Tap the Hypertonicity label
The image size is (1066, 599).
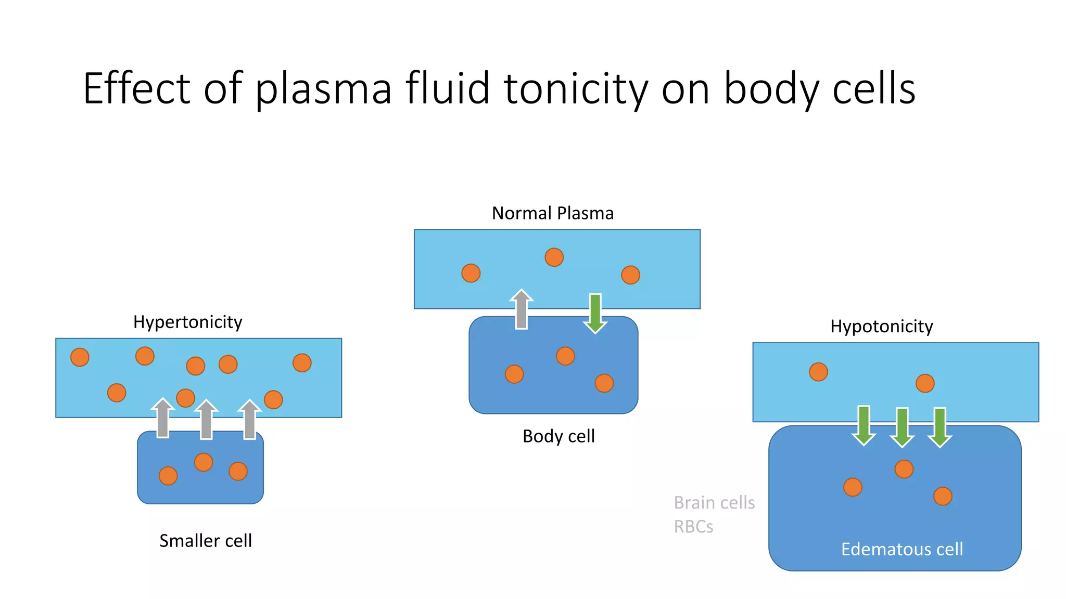187,322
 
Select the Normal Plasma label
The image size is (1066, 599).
552,213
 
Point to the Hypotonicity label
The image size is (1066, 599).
881,327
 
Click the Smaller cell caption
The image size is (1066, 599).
205,541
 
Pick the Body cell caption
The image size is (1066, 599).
558,436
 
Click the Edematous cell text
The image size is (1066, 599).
902,549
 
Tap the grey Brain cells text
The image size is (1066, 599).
714,503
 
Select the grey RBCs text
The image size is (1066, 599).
693,527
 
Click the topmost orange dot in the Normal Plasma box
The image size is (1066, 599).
554,257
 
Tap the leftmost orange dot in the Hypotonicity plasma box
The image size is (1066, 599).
818,372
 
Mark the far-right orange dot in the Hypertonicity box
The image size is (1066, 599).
302,363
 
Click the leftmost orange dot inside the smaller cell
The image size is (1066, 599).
168,476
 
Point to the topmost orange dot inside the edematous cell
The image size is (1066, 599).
904,469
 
